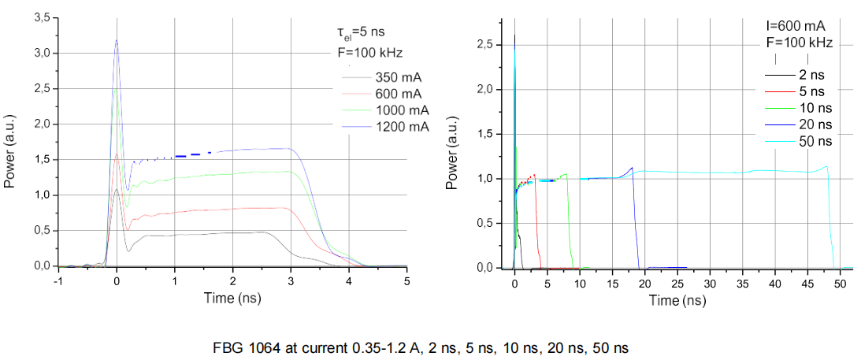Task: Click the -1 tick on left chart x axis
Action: [x=58, y=280]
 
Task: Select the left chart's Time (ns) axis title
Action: [x=232, y=298]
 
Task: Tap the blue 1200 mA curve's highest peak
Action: [x=117, y=40]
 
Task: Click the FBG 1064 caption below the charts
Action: [x=420, y=347]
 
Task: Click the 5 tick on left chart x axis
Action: [x=406, y=280]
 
